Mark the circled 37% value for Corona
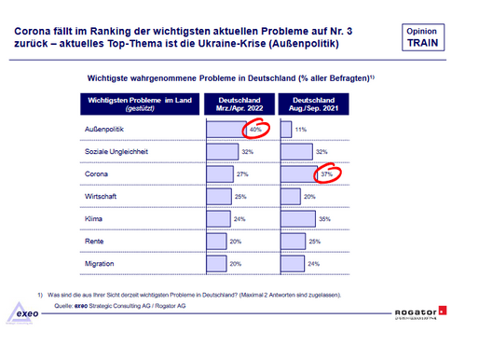(325, 173)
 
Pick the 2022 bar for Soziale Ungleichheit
(221, 150)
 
